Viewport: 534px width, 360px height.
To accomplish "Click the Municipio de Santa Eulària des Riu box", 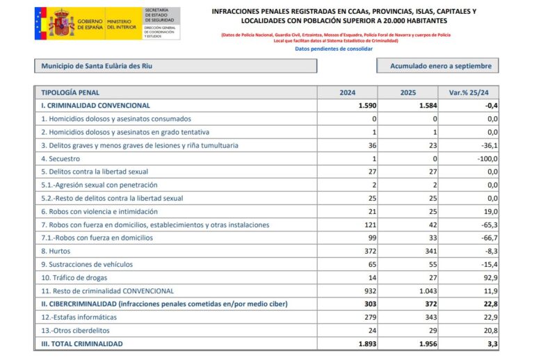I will (175, 66).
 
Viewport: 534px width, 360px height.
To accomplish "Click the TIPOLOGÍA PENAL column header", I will (70, 92).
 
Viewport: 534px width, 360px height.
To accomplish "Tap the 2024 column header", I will (348, 92).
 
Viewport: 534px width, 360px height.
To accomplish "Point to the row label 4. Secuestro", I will (64, 158).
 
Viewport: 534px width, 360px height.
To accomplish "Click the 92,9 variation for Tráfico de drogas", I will (489, 277).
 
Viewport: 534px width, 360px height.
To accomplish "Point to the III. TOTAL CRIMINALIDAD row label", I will (82, 344).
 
